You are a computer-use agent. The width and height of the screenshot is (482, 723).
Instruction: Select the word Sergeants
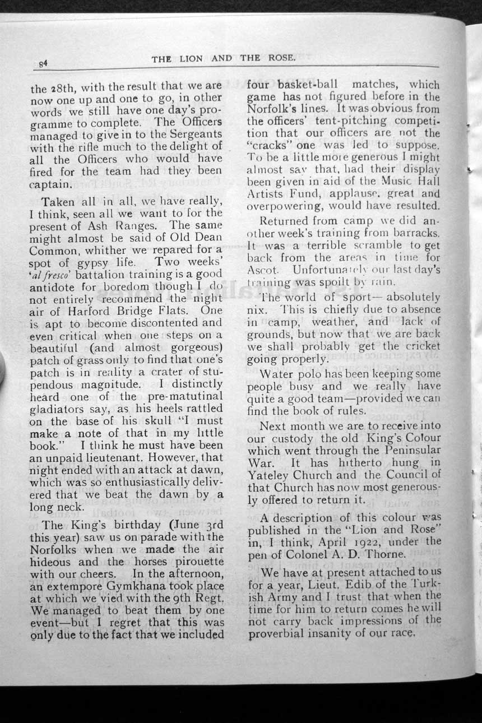(194, 134)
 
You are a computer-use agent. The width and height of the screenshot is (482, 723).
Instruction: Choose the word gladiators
(55, 409)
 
